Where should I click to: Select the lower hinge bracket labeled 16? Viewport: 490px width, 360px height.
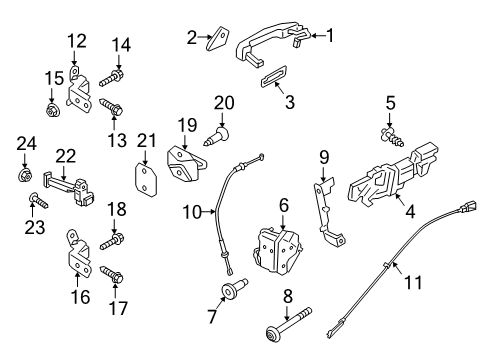click(78, 257)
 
